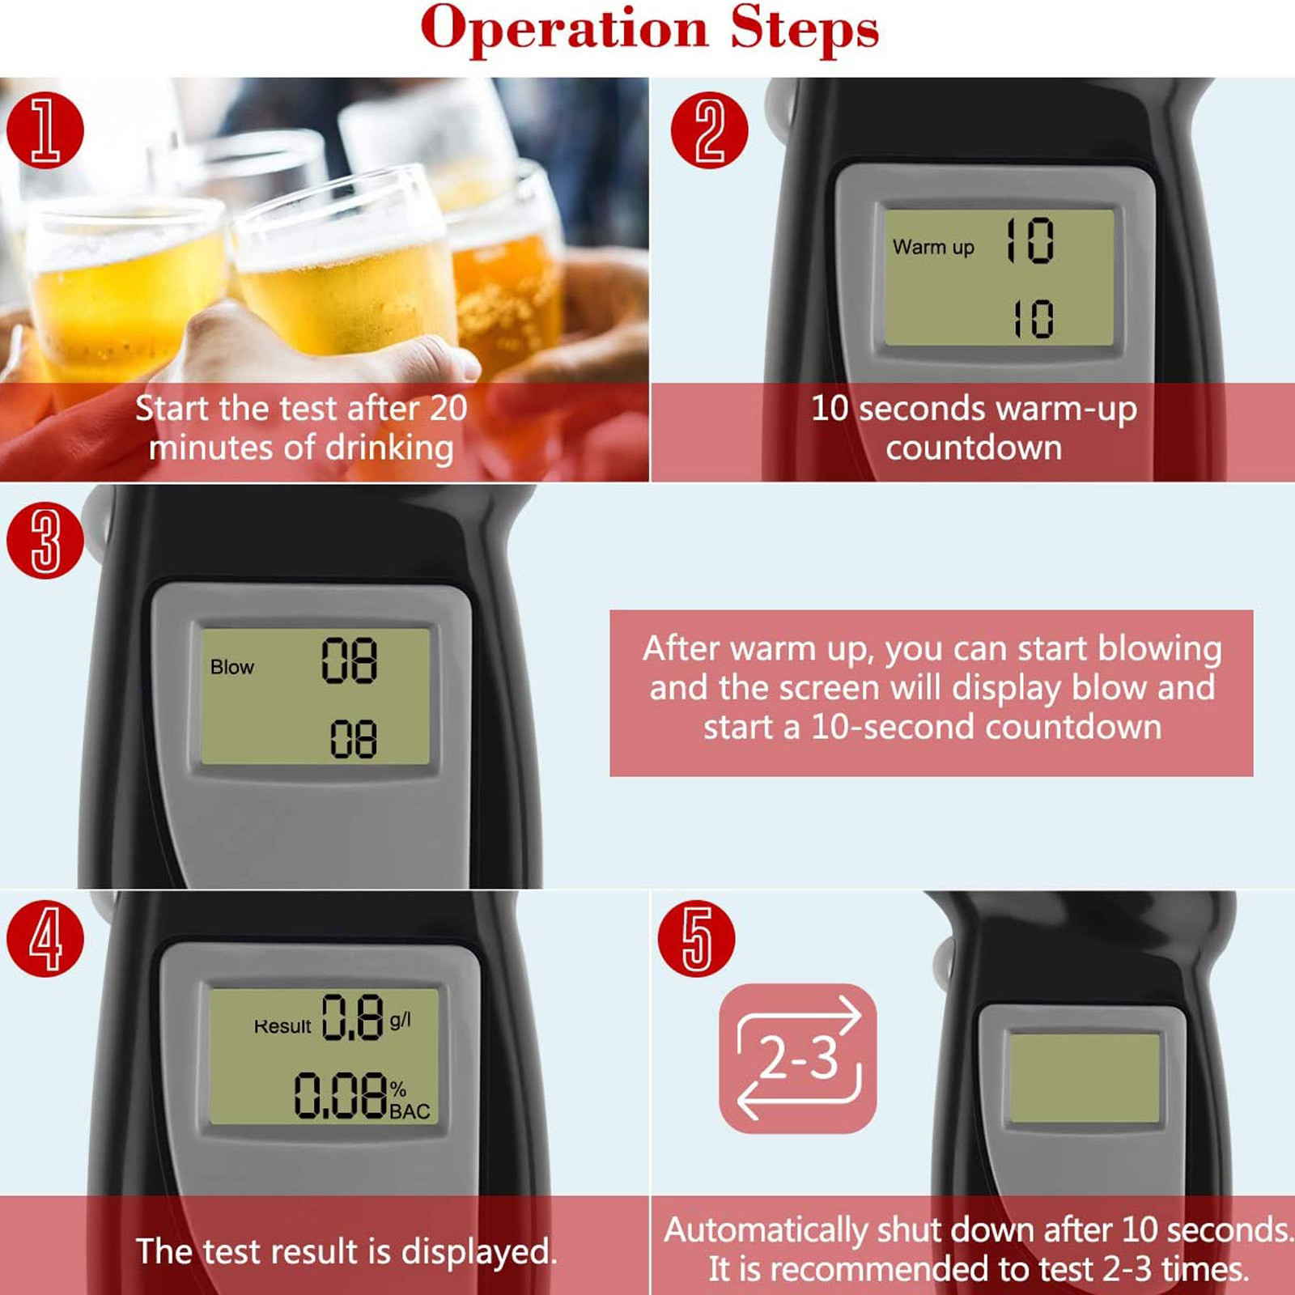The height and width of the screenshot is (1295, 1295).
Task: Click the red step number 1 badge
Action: coord(45,130)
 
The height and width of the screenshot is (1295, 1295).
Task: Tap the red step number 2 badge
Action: coord(710,130)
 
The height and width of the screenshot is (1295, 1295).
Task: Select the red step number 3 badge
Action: coord(45,540)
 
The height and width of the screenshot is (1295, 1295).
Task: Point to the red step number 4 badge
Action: coord(45,939)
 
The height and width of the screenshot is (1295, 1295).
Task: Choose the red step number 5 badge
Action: coord(697,939)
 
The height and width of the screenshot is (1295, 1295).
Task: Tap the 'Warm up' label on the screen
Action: coord(933,247)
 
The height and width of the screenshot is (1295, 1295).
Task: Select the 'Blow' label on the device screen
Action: coord(232,667)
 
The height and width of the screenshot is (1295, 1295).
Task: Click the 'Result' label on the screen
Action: coord(282,1026)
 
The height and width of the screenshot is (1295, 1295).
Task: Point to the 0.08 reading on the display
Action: coord(341,1095)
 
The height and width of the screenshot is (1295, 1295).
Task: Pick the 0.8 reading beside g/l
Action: coord(353,1017)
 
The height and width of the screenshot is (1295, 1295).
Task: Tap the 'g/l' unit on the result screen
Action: coord(401,1020)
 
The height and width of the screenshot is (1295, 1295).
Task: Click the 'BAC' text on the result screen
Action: coord(410,1111)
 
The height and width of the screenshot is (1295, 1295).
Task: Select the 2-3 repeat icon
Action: coord(798,1058)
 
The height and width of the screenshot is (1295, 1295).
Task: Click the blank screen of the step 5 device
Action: coord(1085,1078)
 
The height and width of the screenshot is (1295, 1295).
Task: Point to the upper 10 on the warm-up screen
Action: coord(1030,240)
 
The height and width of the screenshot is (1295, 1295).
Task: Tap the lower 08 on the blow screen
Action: coord(354,738)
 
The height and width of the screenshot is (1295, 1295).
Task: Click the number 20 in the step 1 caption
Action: coord(448,408)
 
